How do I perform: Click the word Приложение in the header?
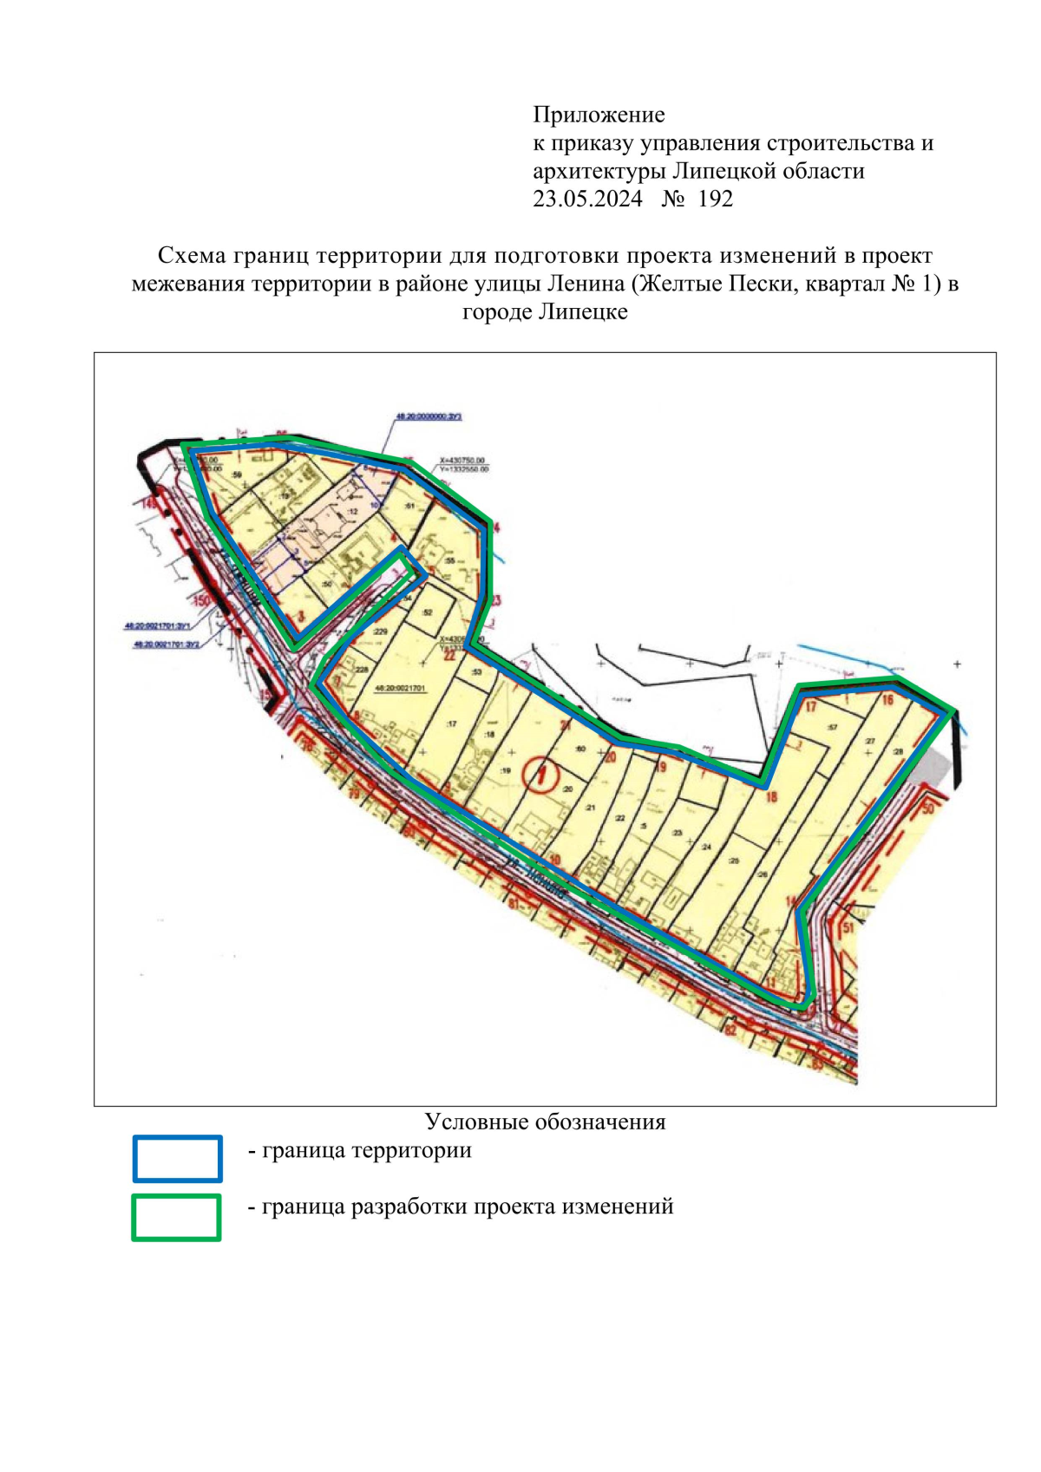[x=599, y=114]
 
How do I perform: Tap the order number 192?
[x=715, y=200]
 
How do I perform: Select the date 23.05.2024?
[x=587, y=200]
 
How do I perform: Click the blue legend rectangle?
[x=177, y=1158]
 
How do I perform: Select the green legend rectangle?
[x=176, y=1217]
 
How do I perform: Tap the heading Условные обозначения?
[x=545, y=1122]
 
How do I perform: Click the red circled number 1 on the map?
[x=542, y=772]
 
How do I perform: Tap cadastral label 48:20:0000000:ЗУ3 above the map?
[x=429, y=417]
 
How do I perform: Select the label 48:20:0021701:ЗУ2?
[x=167, y=644]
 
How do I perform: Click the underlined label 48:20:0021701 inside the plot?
[x=400, y=687]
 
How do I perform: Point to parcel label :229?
[x=380, y=632]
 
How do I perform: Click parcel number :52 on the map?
[x=427, y=612]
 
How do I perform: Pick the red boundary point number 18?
[x=770, y=796]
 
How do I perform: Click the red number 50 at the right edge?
[x=927, y=808]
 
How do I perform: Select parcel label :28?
[x=897, y=751]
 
